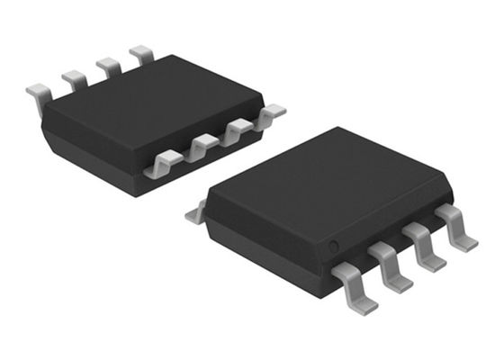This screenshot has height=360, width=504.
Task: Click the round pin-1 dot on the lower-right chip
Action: coord(332,244)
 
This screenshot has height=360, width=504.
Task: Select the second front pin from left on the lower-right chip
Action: coord(390,263)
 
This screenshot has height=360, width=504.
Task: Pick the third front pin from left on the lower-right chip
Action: coord(424,247)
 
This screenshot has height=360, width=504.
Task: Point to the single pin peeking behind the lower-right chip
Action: coord(195,213)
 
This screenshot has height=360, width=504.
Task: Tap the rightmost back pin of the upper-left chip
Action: coord(141,55)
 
